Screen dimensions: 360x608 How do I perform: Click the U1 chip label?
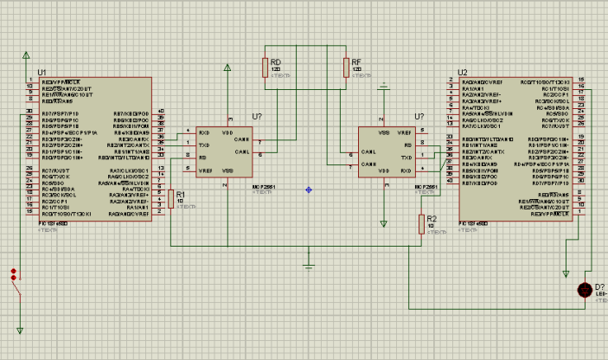click(x=42, y=73)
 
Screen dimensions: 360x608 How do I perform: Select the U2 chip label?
click(x=463, y=73)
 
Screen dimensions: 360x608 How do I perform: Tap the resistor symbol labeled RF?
click(x=345, y=67)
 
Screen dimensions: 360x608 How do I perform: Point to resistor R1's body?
click(x=170, y=199)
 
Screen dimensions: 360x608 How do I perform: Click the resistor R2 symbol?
click(x=421, y=223)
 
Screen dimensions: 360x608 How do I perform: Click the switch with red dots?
click(x=15, y=282)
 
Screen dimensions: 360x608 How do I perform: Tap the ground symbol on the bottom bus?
click(x=309, y=260)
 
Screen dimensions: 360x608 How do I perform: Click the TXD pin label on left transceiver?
click(x=203, y=145)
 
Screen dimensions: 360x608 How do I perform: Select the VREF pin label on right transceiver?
click(x=403, y=133)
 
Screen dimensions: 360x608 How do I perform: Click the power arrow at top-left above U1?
click(x=20, y=54)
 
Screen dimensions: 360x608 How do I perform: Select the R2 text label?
click(x=432, y=218)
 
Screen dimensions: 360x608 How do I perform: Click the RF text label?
click(x=356, y=62)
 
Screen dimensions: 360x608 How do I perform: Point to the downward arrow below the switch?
click(x=20, y=330)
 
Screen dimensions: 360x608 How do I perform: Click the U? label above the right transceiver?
click(x=420, y=116)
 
